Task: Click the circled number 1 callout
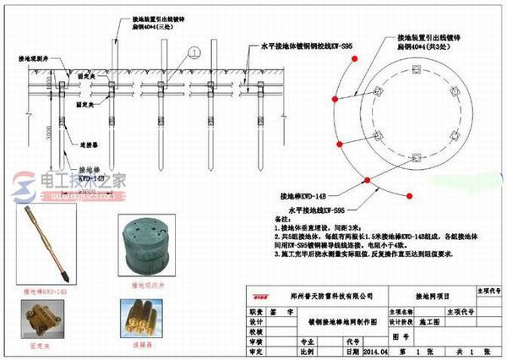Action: pyautogui.click(x=195, y=52)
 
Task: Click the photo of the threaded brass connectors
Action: pyautogui.click(x=144, y=323)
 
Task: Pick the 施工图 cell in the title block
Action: pyautogui.click(x=434, y=323)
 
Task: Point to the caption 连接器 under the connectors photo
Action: pyautogui.click(x=144, y=346)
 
